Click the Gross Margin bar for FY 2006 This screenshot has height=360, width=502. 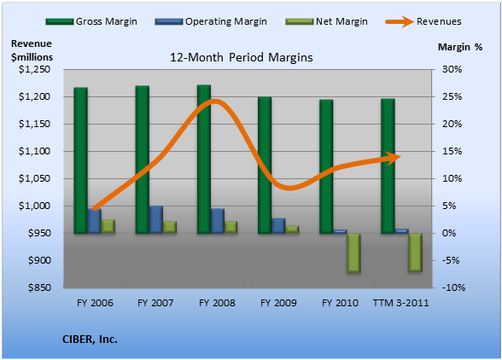click(x=80, y=160)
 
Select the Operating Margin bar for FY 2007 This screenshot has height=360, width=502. click(x=156, y=219)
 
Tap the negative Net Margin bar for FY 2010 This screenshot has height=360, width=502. click(x=353, y=253)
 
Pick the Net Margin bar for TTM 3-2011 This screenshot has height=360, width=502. click(x=415, y=253)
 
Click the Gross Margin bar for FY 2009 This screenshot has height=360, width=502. click(x=265, y=165)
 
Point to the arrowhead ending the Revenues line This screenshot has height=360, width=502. click(x=394, y=158)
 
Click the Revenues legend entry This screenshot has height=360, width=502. click(x=423, y=21)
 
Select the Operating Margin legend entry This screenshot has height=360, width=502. click(x=211, y=21)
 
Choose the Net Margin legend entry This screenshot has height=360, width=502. click(x=326, y=21)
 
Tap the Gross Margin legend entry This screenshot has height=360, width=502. click(x=91, y=21)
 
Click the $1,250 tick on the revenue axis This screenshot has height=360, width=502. click(x=34, y=69)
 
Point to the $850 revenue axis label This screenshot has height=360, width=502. click(x=39, y=287)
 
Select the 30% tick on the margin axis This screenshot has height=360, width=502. click(x=452, y=69)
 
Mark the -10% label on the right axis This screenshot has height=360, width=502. click(x=453, y=287)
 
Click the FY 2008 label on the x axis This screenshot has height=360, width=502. click(x=217, y=303)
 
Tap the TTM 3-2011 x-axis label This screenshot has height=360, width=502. click(x=400, y=303)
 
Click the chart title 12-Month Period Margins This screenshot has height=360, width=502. click(x=241, y=57)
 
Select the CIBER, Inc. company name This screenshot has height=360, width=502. click(x=90, y=340)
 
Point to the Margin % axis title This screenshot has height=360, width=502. click(x=460, y=47)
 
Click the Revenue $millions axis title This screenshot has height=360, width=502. click(x=32, y=50)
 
